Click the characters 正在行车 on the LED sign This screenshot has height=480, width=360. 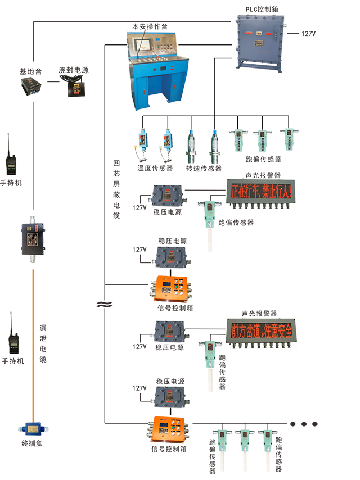pos(246,191)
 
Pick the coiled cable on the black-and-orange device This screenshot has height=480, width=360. pos(73,78)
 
